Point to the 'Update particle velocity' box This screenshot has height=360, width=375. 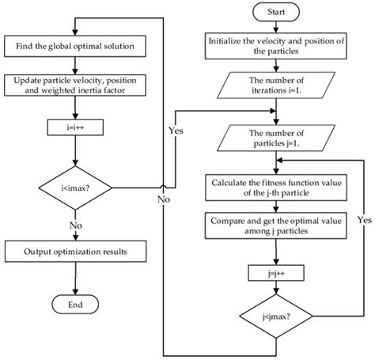pyautogui.click(x=74, y=85)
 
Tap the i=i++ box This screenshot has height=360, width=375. pyautogui.click(x=74, y=126)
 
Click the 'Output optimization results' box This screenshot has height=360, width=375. pyautogui.click(x=74, y=252)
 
